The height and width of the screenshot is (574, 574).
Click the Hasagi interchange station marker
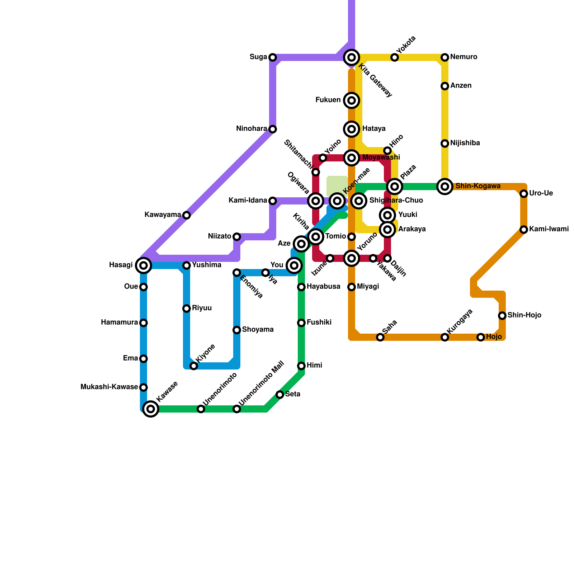(143, 265)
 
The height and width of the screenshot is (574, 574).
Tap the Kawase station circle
(151, 409)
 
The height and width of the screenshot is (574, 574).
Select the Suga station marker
(273, 57)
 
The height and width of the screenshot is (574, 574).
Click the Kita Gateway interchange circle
(352, 57)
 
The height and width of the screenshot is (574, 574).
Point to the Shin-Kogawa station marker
(445, 187)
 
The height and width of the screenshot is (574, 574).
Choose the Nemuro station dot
(445, 57)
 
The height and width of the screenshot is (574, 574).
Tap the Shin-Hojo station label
(524, 315)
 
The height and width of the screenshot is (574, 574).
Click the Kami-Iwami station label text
(549, 229)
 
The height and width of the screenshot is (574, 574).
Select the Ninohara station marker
(273, 129)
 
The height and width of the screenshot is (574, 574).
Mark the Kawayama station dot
(187, 215)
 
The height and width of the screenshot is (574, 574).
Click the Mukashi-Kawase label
(109, 387)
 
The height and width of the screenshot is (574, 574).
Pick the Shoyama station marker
(237, 330)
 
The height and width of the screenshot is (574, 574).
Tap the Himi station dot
(301, 366)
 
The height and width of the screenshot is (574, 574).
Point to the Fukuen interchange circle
(352, 100)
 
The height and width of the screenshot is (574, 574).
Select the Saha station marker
(380, 337)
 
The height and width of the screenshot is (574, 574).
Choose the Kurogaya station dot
(445, 337)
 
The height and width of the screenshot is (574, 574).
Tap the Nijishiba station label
(465, 143)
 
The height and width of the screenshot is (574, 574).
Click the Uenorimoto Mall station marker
(237, 409)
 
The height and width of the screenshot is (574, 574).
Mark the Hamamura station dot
(143, 323)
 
